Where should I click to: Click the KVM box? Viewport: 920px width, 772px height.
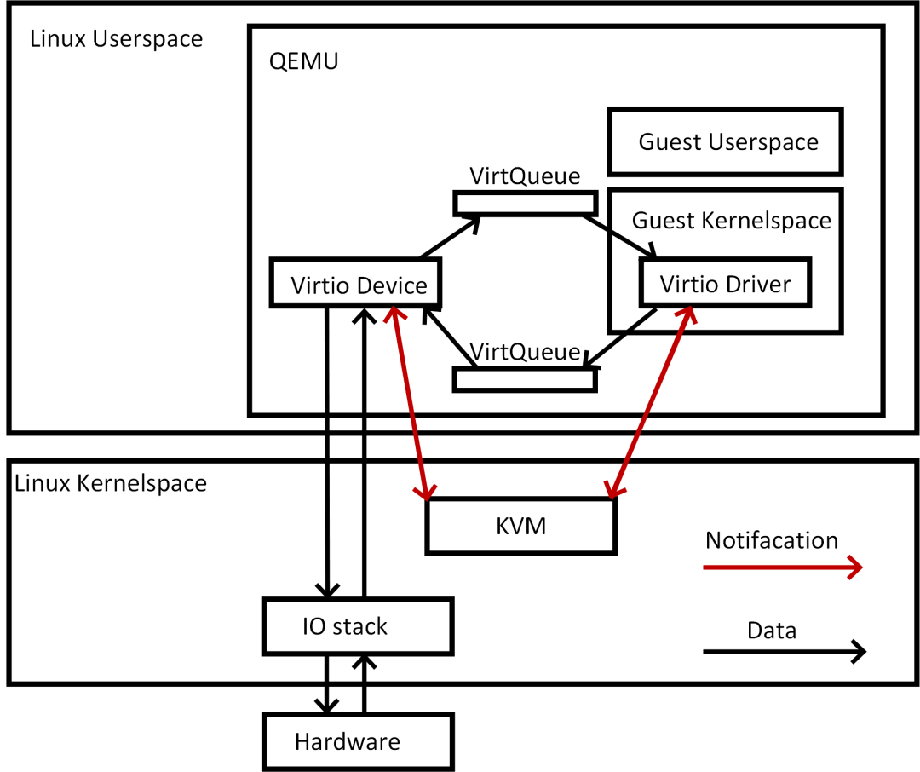[x=521, y=526]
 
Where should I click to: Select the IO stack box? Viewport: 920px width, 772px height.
[x=358, y=626]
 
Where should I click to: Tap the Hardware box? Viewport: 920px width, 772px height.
[x=358, y=741]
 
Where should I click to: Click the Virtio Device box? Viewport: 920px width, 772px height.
[x=355, y=282]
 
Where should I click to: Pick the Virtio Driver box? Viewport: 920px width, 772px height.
[x=725, y=282]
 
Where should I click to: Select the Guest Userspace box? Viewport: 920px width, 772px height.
[x=725, y=141]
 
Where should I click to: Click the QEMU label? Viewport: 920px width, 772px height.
[x=303, y=61]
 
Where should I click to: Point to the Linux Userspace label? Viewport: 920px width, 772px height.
[x=116, y=38]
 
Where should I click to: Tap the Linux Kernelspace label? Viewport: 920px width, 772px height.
[x=111, y=483]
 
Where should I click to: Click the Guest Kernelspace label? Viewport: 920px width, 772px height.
[x=732, y=220]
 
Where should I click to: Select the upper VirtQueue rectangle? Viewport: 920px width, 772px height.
[x=525, y=204]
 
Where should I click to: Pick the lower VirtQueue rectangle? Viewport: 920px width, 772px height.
[x=525, y=379]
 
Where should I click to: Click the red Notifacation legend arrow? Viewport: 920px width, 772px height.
[x=783, y=567]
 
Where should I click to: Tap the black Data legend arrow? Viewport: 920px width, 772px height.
[x=785, y=652]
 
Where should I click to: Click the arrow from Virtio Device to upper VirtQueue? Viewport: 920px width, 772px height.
[x=450, y=237]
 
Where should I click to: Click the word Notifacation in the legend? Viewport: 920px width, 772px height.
[x=772, y=540]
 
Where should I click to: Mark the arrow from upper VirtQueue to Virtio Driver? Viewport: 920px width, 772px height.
[x=619, y=237]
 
